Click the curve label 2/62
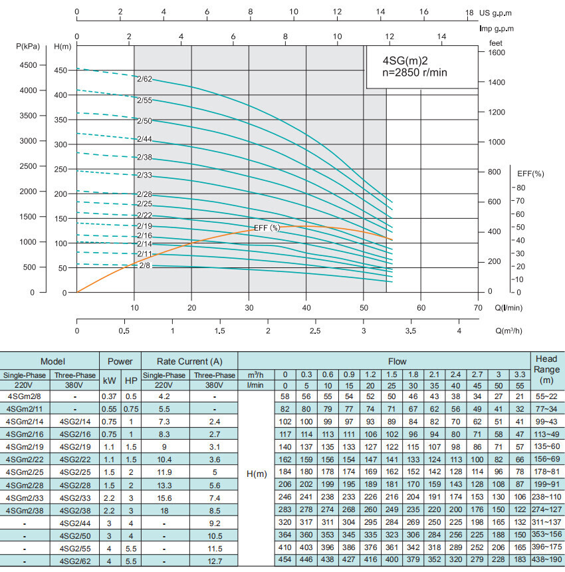point(145,79)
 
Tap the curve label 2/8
point(145,265)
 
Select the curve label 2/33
point(145,176)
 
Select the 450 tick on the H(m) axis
point(60,71)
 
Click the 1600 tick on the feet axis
point(497,53)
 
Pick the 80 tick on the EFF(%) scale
point(520,188)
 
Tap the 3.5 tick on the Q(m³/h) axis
point(411,331)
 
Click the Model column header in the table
point(53,361)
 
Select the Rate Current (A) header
point(189,361)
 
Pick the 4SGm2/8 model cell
point(23,396)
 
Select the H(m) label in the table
point(256,474)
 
